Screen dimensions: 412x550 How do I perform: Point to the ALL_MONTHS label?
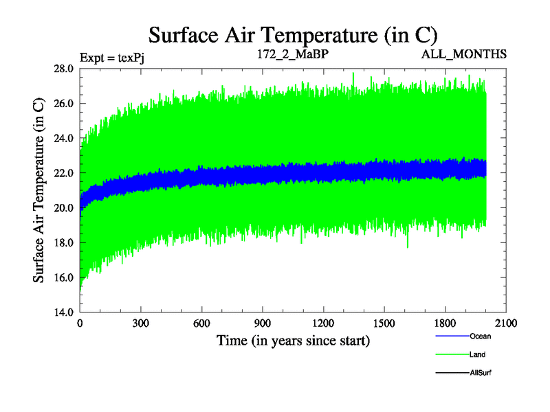(465, 54)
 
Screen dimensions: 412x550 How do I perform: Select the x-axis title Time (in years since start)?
(293, 340)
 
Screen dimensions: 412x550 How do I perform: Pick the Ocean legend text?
(480, 336)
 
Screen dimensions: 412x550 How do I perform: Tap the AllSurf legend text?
(481, 372)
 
